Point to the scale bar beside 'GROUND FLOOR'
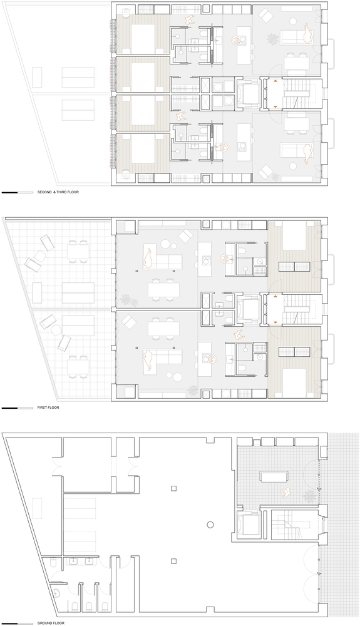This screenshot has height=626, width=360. pyautogui.click(x=18, y=623)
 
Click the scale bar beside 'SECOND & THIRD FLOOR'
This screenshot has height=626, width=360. pyautogui.click(x=18, y=192)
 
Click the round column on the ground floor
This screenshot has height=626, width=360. pyautogui.click(x=210, y=524)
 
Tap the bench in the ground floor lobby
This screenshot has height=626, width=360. pyautogui.click(x=272, y=478)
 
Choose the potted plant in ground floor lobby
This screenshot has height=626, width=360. pyautogui.click(x=309, y=496)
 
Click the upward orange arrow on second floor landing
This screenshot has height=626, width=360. pyautogui.click(x=274, y=83)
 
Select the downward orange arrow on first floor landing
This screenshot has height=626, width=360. pyautogui.click(x=274, y=322)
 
